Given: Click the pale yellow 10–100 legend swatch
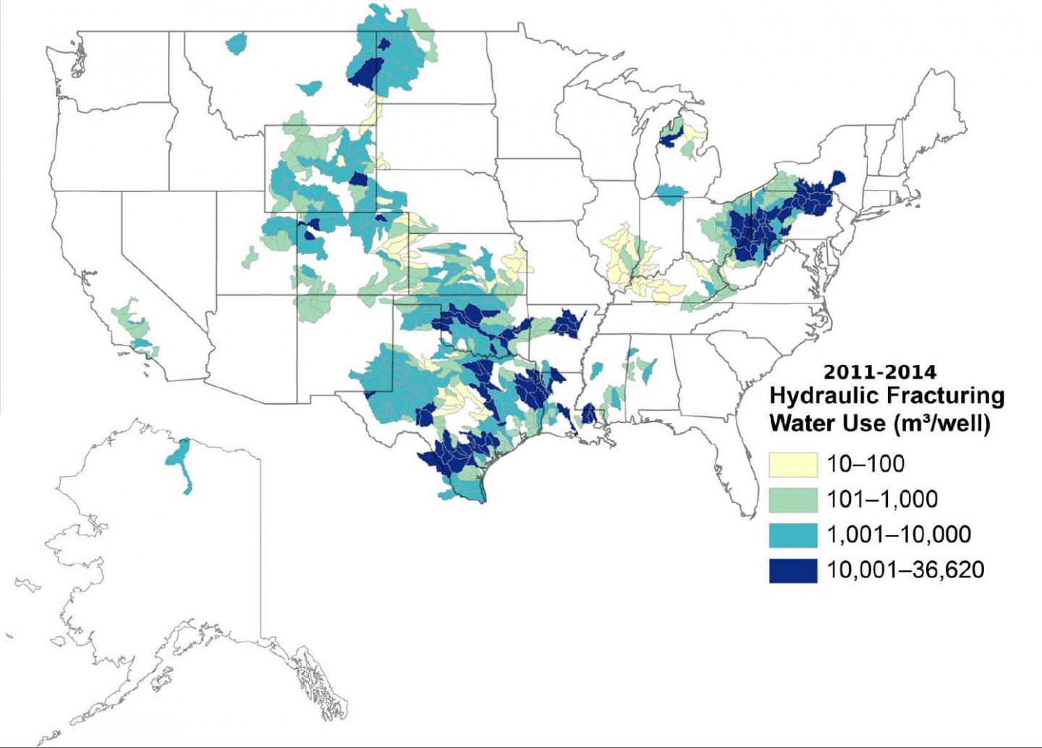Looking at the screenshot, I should click(x=793, y=465).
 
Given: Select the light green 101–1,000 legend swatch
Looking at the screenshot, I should click(x=793, y=500).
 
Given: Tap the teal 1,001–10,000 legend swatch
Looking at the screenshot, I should click(x=793, y=535).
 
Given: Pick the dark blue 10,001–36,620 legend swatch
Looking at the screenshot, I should click(x=793, y=571).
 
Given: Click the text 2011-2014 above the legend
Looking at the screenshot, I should click(x=879, y=372).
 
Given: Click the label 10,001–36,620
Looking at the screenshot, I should click(x=905, y=570).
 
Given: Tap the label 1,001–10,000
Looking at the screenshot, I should click(x=899, y=535).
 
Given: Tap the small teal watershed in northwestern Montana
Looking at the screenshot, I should click(x=237, y=44).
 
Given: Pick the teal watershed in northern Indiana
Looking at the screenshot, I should click(x=670, y=193).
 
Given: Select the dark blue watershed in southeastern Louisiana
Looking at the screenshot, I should click(x=588, y=414).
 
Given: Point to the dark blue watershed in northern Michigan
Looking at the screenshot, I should click(x=669, y=135).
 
